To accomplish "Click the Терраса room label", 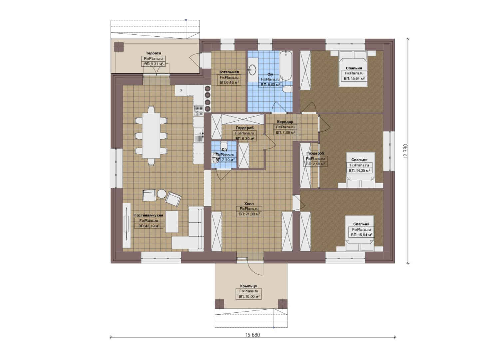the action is click(154, 53).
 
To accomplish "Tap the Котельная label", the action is click(229, 72).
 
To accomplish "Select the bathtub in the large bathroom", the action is click(286, 66).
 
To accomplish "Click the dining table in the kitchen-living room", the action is click(151, 135).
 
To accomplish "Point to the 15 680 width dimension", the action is click(253, 335).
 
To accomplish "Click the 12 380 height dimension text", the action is click(405, 151).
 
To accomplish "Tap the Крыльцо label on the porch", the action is click(248, 286).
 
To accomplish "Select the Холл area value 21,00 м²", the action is click(249, 214).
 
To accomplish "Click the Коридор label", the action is click(285, 122).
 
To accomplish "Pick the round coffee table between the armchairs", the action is click(162, 194).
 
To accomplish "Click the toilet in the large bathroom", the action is click(287, 89).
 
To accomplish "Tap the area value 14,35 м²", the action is click(359, 170).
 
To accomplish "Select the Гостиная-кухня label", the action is click(149, 215).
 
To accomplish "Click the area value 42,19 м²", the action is click(149, 226).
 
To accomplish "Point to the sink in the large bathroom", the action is click(253, 70).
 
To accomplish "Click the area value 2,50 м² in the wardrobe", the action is click(315, 164).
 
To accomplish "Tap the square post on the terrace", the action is click(119, 47).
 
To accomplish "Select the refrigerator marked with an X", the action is click(181, 90).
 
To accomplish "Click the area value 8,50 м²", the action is click(270, 85).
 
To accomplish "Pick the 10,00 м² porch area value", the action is click(249, 297).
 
